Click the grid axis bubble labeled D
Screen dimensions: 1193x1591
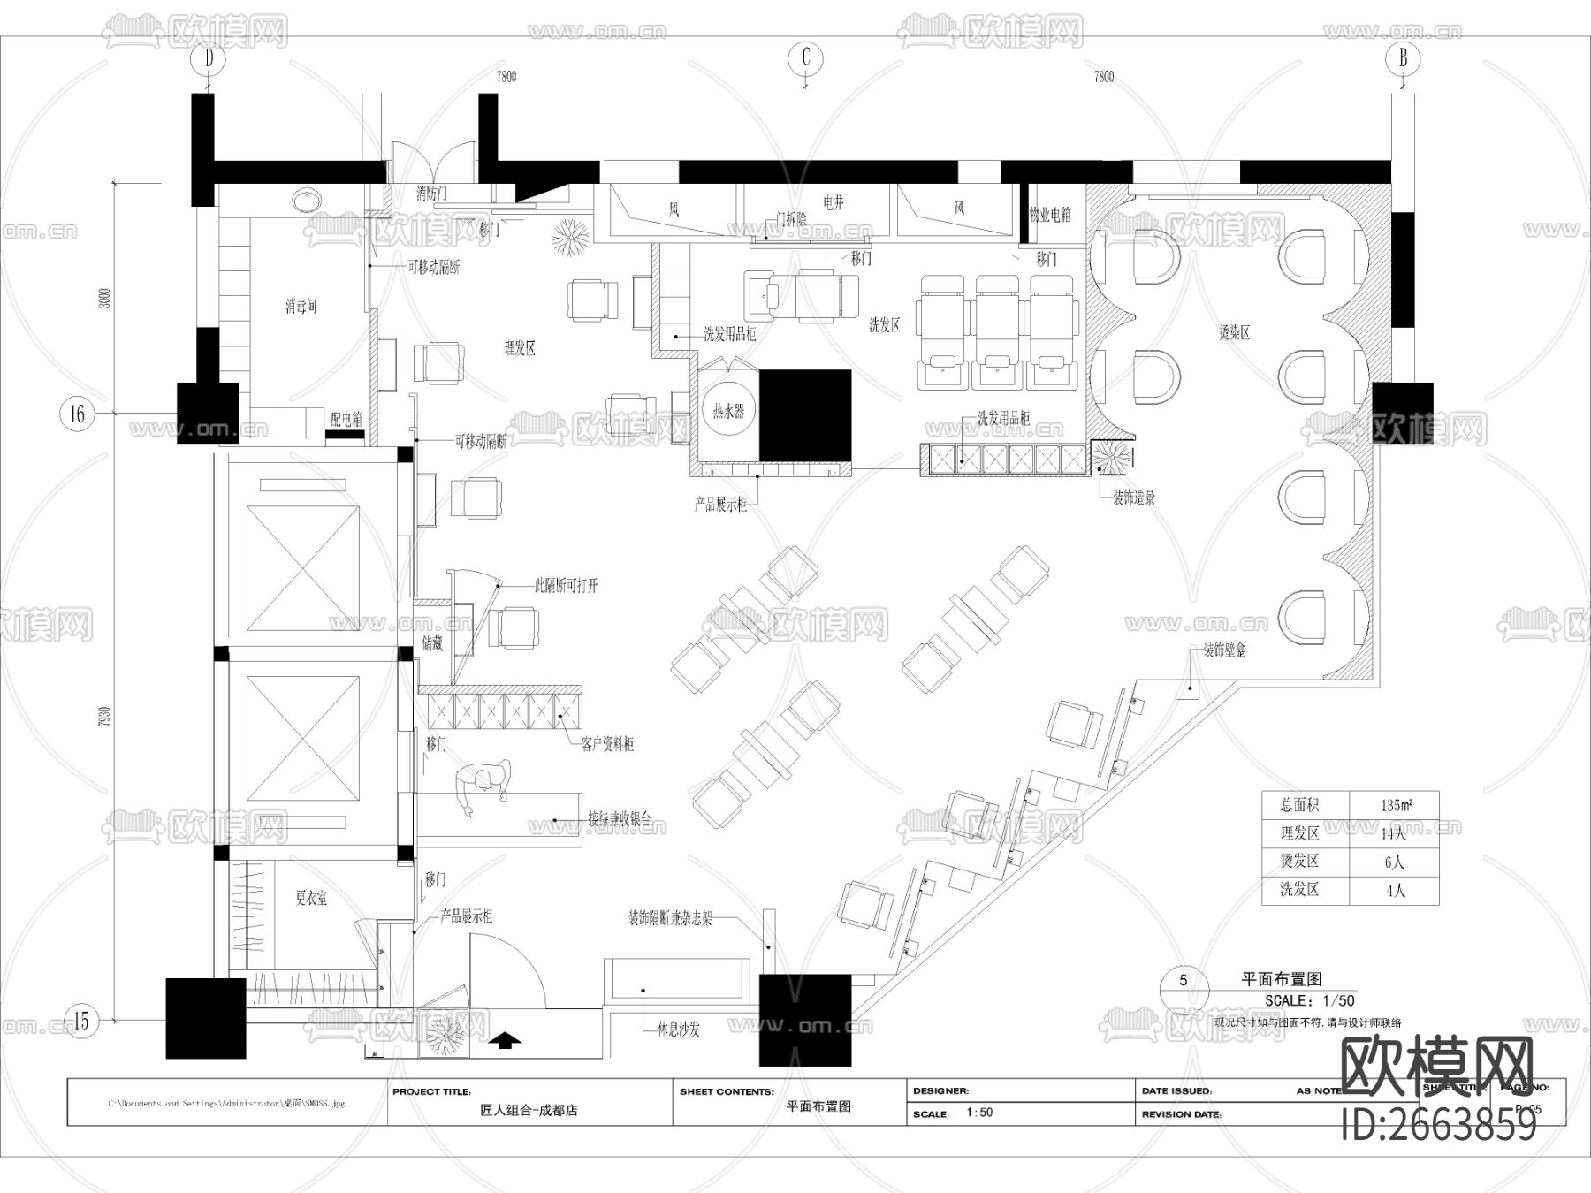click(x=209, y=59)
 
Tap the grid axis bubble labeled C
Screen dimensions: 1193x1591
click(x=805, y=58)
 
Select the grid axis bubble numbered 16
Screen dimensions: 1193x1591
click(x=77, y=413)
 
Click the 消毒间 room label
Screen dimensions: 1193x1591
click(x=301, y=307)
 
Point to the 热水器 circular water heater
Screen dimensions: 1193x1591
click(x=729, y=411)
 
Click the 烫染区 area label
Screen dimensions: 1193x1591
click(x=1234, y=333)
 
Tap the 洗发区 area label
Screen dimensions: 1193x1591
click(x=884, y=325)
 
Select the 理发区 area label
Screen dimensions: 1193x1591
click(x=520, y=348)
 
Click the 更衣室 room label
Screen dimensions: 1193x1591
click(x=311, y=898)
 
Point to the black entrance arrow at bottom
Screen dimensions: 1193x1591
click(x=505, y=1040)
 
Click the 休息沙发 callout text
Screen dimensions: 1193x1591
click(x=678, y=1030)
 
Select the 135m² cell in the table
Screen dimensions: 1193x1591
click(x=1395, y=805)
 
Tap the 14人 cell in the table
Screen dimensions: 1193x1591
click(x=1393, y=833)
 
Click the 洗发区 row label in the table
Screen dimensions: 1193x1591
click(x=1299, y=890)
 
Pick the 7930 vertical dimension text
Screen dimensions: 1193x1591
click(x=105, y=717)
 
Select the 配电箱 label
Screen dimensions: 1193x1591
click(x=346, y=420)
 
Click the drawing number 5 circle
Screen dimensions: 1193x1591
click(x=1184, y=979)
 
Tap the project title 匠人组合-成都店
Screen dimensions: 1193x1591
click(x=529, y=1110)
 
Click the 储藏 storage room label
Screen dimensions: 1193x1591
click(x=432, y=644)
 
